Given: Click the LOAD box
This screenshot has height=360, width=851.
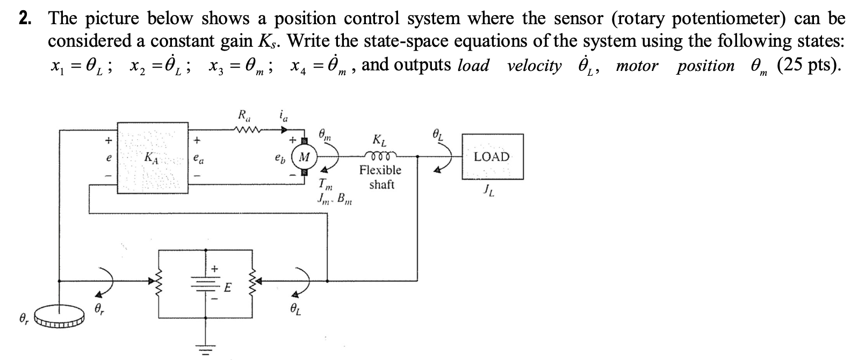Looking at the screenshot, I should pyautogui.click(x=492, y=157).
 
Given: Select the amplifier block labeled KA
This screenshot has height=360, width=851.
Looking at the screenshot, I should pyautogui.click(x=152, y=158).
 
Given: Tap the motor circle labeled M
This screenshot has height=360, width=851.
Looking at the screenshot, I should pyautogui.click(x=305, y=158).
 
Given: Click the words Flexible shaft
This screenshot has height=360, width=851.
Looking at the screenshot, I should pyautogui.click(x=380, y=177).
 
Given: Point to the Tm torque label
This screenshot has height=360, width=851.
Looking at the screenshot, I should pyautogui.click(x=325, y=184).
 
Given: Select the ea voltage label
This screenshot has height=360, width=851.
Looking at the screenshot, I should pyautogui.click(x=199, y=160).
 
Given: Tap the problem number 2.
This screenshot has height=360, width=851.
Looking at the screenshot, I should pyautogui.click(x=24, y=19).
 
